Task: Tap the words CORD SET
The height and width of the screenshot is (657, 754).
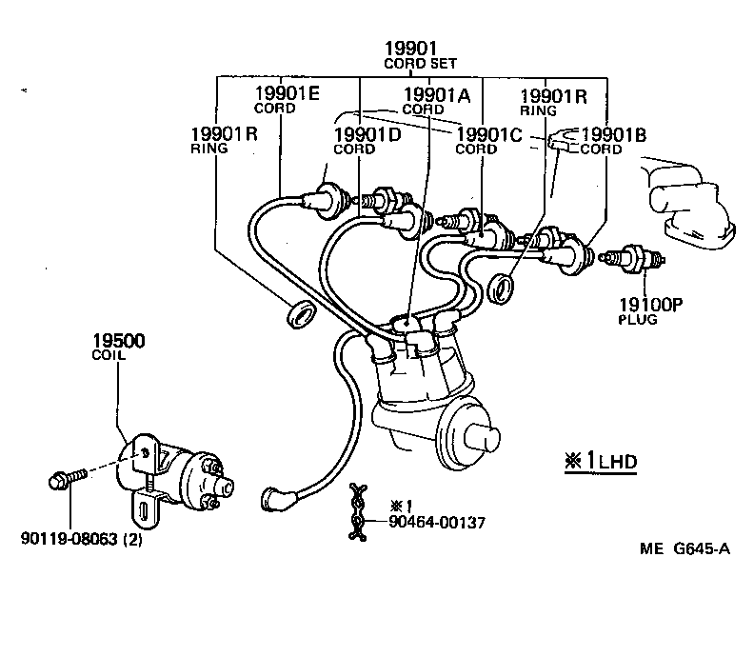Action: (420, 64)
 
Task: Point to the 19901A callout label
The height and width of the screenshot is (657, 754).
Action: (437, 94)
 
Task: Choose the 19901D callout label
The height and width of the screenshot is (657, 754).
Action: (367, 134)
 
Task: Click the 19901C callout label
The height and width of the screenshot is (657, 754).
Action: (489, 134)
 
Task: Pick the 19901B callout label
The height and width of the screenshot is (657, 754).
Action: (614, 134)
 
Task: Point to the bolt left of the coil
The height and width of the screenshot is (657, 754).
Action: (65, 478)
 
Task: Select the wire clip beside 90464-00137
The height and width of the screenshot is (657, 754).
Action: (359, 514)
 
